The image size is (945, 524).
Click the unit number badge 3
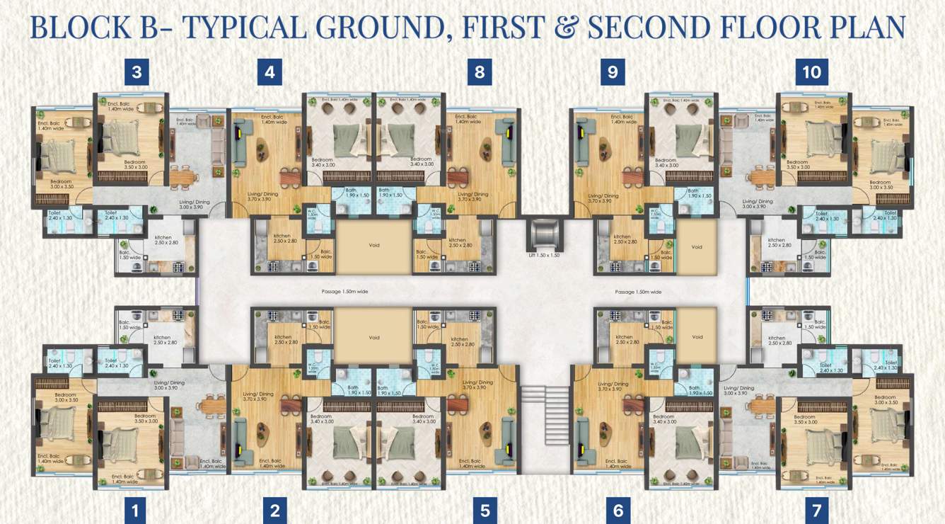tap(137, 72)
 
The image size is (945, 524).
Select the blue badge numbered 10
tap(811, 72)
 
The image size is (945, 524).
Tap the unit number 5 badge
tap(485, 509)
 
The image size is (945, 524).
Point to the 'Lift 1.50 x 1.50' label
tap(543, 255)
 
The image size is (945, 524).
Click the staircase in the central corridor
tap(544, 405)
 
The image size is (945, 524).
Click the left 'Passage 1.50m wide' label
tap(344, 291)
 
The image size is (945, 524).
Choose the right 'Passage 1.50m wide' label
tap(638, 291)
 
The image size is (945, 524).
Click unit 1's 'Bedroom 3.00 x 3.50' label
tap(65, 397)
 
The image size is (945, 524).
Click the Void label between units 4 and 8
tap(374, 246)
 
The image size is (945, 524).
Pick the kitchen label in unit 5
tap(460, 340)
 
